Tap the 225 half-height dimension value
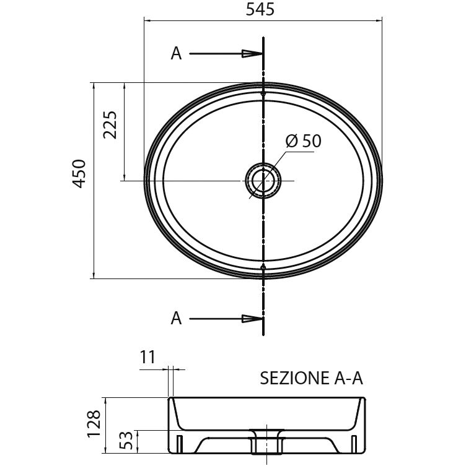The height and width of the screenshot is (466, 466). point(110,126)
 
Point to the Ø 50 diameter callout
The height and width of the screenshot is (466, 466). point(303,141)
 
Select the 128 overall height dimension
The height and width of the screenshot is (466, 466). point(94,425)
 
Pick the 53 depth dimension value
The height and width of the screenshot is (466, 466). point(126,441)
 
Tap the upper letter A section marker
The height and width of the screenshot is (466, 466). point(176,54)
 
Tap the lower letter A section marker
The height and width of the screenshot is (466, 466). point(176,319)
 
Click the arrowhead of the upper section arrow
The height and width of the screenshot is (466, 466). point(252,54)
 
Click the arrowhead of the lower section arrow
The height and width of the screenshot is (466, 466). point(252,319)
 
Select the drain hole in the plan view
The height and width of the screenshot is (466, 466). point(263,180)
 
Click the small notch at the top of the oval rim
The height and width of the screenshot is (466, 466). point(263,93)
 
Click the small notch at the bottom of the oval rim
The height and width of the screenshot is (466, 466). point(263,267)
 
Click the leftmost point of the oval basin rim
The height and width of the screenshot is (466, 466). point(145,180)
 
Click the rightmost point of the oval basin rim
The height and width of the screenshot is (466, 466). point(382,180)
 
